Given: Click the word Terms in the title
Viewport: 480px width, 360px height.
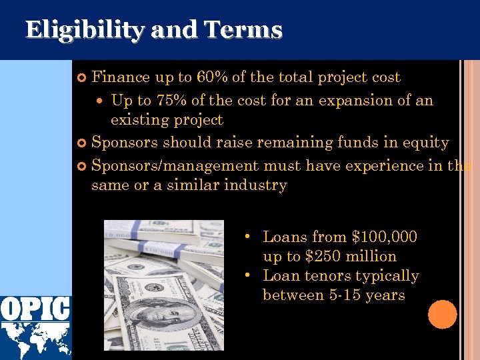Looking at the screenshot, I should tap(243, 30).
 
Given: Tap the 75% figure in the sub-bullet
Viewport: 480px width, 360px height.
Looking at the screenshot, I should tap(171, 101).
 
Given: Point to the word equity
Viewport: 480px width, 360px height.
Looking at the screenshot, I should tap(427, 143).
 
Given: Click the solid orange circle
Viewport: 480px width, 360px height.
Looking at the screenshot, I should tap(442, 314).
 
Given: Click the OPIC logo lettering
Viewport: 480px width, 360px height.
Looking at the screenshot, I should tap(35, 308).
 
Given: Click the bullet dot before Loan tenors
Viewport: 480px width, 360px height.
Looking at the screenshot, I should tap(247, 276).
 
